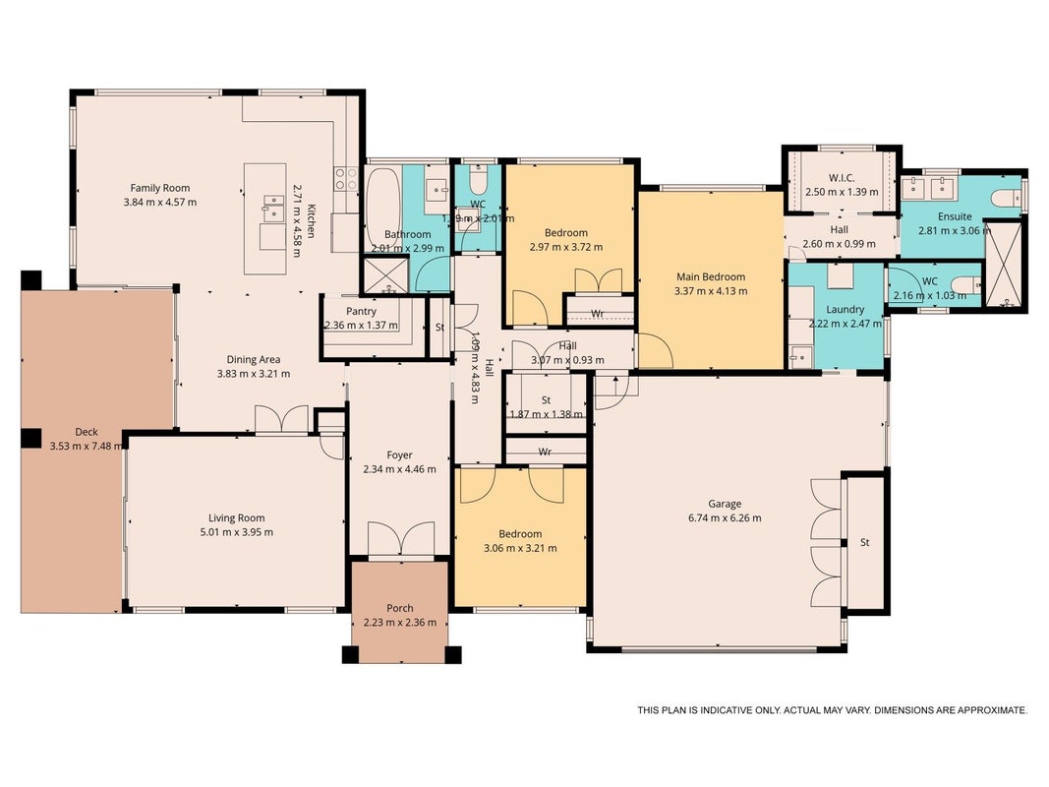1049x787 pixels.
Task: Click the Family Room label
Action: click(x=160, y=188)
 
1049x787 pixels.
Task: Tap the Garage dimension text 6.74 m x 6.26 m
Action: click(x=725, y=518)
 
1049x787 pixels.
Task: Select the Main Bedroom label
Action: click(x=711, y=276)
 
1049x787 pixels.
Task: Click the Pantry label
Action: click(x=361, y=311)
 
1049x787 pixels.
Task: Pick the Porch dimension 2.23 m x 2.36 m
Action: click(x=400, y=623)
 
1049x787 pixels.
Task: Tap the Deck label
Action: click(x=87, y=432)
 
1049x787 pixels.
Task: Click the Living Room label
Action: click(x=236, y=518)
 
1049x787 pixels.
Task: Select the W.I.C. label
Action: click(x=842, y=177)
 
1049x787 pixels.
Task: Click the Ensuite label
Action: click(x=955, y=216)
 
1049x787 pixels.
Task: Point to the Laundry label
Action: click(x=845, y=309)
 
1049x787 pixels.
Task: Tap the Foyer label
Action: click(x=399, y=455)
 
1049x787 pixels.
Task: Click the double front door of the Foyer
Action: click(x=401, y=539)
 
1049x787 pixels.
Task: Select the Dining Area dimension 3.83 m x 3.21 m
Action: click(x=254, y=374)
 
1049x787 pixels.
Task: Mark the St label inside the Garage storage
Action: click(x=865, y=543)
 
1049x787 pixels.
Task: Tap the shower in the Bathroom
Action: click(x=385, y=275)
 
